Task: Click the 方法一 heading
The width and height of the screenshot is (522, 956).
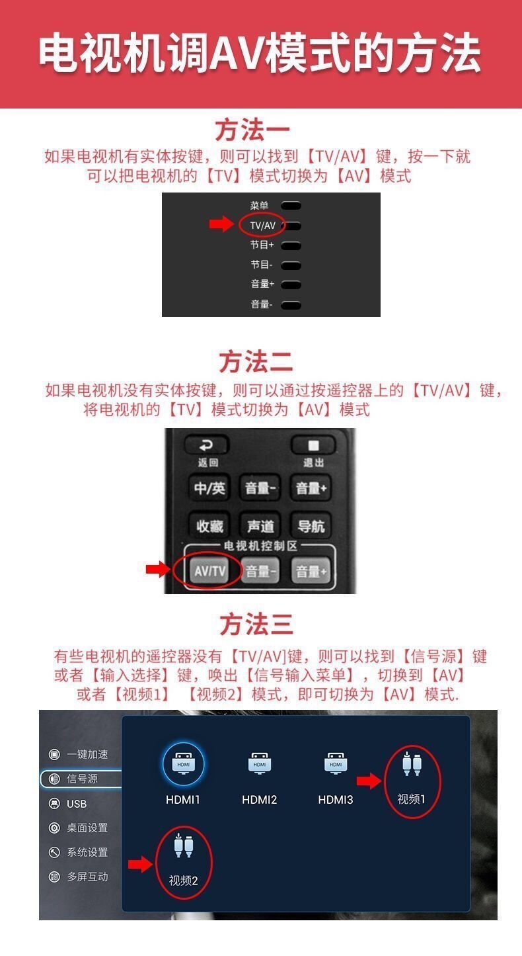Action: click(252, 130)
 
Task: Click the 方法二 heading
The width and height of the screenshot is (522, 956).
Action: click(256, 362)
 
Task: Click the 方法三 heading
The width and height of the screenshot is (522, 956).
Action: click(256, 625)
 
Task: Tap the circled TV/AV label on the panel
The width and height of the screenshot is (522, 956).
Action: click(262, 226)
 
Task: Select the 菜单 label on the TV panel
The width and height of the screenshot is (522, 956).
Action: click(259, 205)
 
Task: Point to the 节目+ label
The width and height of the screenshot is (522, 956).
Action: click(262, 245)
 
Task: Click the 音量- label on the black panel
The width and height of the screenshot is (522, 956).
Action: click(261, 304)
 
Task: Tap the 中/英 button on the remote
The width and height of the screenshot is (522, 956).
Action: click(209, 488)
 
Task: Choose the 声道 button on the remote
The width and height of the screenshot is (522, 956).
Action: click(260, 526)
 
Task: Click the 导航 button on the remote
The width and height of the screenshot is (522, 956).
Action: click(311, 526)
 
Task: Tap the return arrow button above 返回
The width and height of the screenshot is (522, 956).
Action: click(207, 445)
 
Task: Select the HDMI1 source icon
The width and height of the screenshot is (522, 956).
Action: click(183, 764)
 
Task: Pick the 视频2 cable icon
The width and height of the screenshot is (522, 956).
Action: click(184, 845)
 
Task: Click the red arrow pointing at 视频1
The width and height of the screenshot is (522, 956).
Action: click(369, 781)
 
